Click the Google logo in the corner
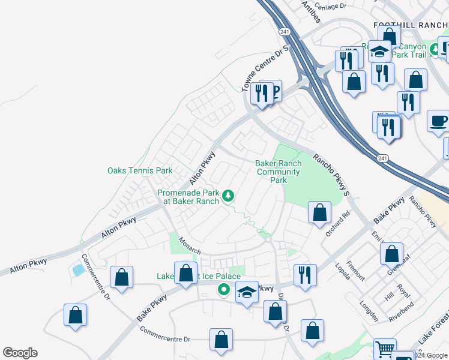pos(20,353)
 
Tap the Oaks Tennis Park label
pos(140,170)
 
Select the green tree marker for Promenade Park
pos(228,196)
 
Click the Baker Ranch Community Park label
pos(277,172)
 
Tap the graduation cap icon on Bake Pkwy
pos(246,293)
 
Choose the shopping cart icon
pos(385,349)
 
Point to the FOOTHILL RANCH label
pos(411,25)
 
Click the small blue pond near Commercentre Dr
pos(78,270)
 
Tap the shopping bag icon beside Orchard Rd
pos(320,212)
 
